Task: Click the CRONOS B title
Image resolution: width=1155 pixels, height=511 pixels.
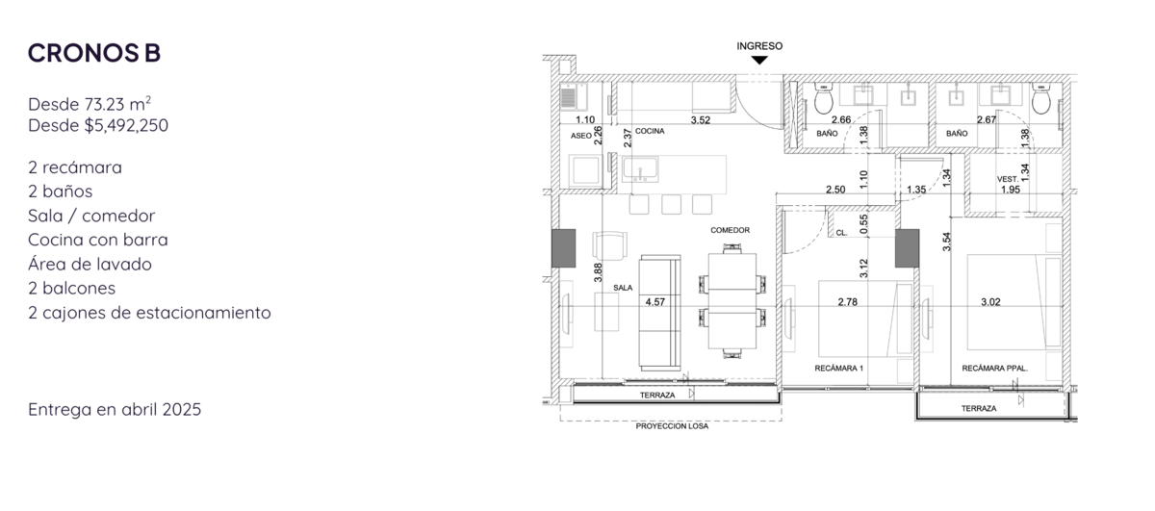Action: [x=94, y=53]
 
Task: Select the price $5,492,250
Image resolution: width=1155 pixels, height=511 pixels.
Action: [x=126, y=125]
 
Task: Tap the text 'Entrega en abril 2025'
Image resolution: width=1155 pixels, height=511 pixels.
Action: [x=115, y=409]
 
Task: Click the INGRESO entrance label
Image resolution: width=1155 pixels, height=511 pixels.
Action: [x=759, y=46]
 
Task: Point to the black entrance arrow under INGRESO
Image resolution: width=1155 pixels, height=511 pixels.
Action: [x=759, y=60]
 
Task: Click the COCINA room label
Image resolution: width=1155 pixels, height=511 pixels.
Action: [x=650, y=131]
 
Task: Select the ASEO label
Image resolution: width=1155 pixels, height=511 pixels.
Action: [x=580, y=136]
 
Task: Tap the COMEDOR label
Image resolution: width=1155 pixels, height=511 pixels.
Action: [x=731, y=230]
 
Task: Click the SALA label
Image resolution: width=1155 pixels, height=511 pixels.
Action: [x=623, y=288]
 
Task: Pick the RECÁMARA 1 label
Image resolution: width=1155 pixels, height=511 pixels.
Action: [x=839, y=369]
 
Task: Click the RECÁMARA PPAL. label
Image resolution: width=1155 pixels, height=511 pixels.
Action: [x=994, y=369]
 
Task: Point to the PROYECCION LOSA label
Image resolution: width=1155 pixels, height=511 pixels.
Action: [x=672, y=426]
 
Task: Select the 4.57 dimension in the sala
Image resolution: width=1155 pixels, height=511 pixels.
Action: [x=654, y=302]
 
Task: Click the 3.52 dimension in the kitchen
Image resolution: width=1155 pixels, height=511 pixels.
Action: [x=701, y=120]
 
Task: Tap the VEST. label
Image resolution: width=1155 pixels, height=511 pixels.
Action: [x=1008, y=179]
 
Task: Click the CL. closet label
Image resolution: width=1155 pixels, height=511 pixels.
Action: [x=841, y=233]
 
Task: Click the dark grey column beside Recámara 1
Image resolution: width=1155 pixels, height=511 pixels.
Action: [x=907, y=248]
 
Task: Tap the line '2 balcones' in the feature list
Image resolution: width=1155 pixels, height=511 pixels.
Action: [x=71, y=289]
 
